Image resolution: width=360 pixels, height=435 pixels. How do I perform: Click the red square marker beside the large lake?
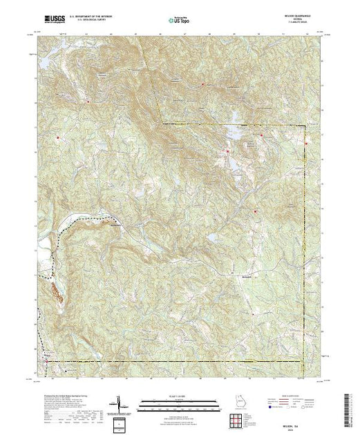227,151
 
